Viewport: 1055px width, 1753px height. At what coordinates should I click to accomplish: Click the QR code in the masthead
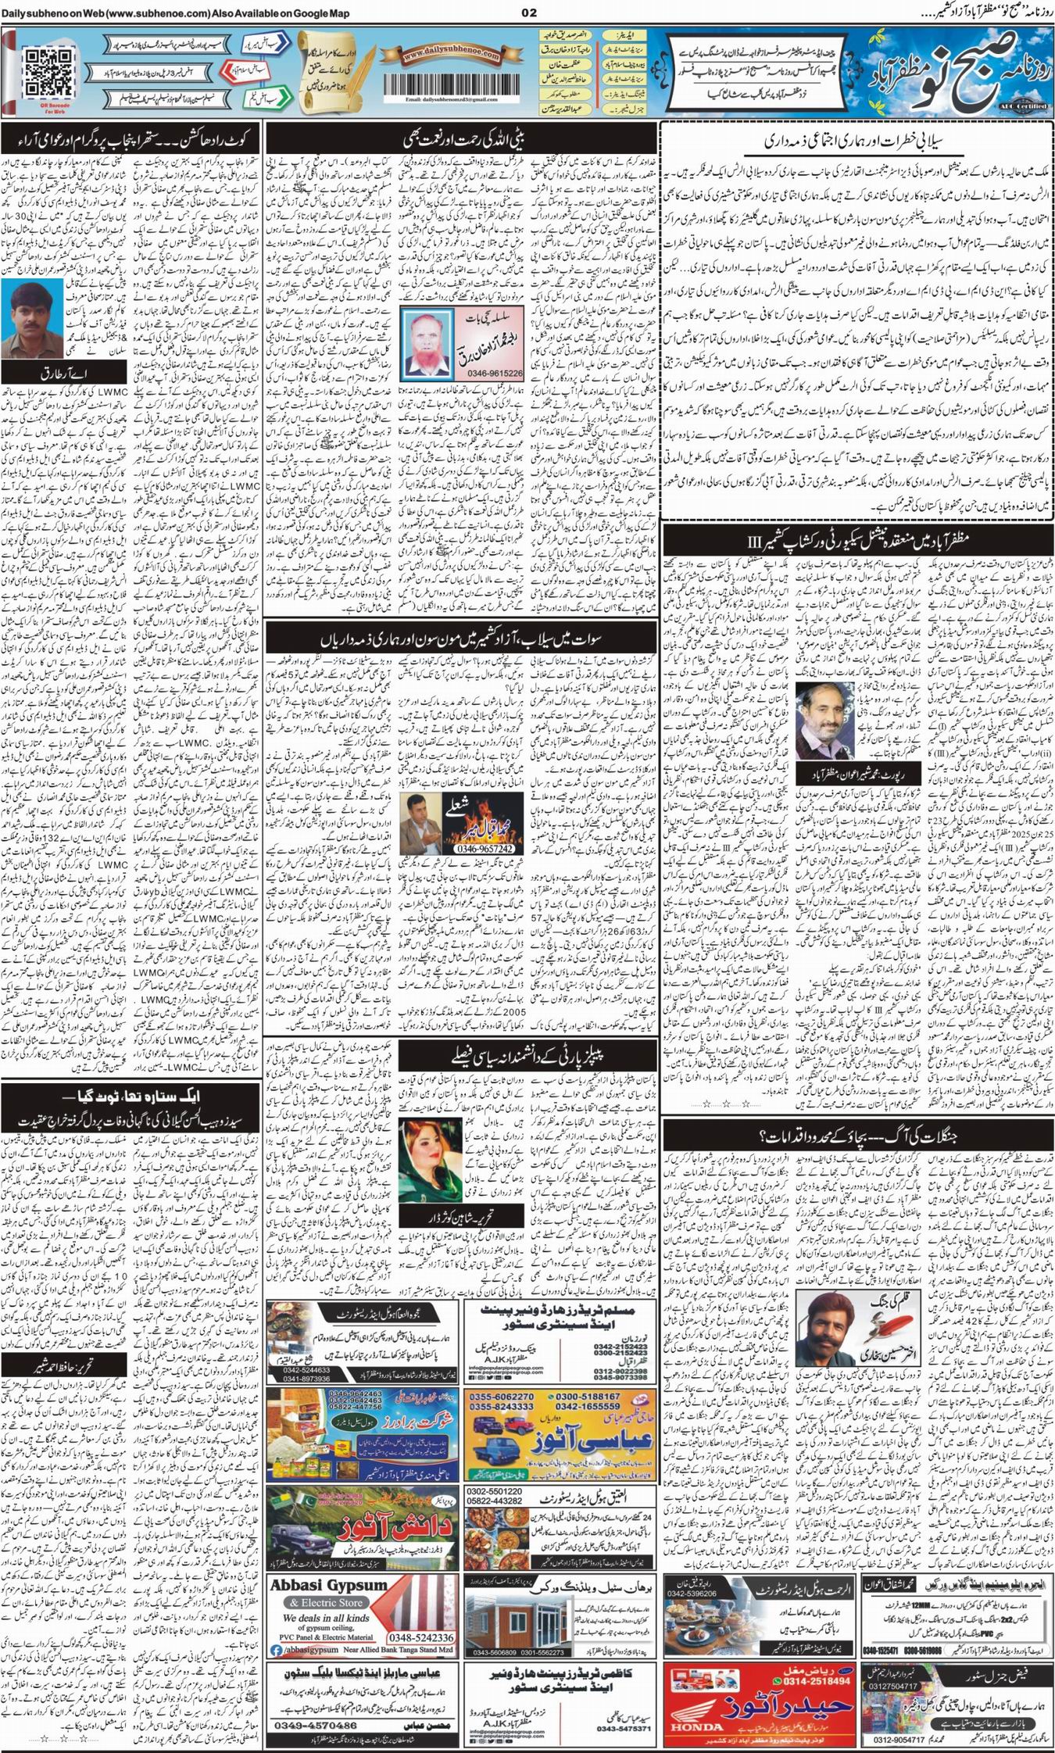coord(48,70)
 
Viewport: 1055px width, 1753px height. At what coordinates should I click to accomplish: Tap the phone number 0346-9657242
coord(486,849)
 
